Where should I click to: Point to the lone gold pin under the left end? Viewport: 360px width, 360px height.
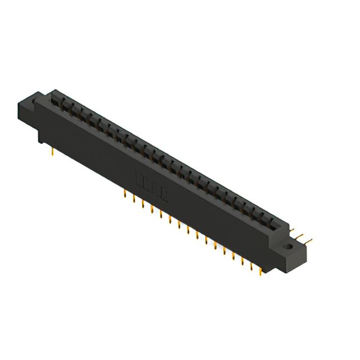coord(52,150)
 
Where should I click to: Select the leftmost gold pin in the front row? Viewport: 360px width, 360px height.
coord(124,194)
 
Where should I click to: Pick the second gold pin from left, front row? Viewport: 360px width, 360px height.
coord(133,199)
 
